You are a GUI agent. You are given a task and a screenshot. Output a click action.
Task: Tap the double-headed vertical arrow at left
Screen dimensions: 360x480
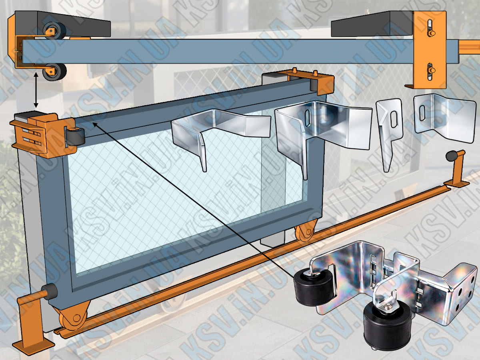pyautogui.click(x=36, y=90)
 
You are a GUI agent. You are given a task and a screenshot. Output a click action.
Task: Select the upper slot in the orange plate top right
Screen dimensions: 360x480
pyautogui.click(x=430, y=27)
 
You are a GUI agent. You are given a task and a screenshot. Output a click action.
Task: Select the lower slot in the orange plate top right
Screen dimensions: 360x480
pyautogui.click(x=430, y=70)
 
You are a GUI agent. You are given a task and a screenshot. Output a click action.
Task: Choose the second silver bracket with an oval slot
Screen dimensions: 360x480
pyautogui.click(x=320, y=128)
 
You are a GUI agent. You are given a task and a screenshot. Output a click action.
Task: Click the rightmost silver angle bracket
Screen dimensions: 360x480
pyautogui.click(x=444, y=118)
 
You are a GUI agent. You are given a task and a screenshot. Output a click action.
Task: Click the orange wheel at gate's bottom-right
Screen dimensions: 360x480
pyautogui.click(x=306, y=232)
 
